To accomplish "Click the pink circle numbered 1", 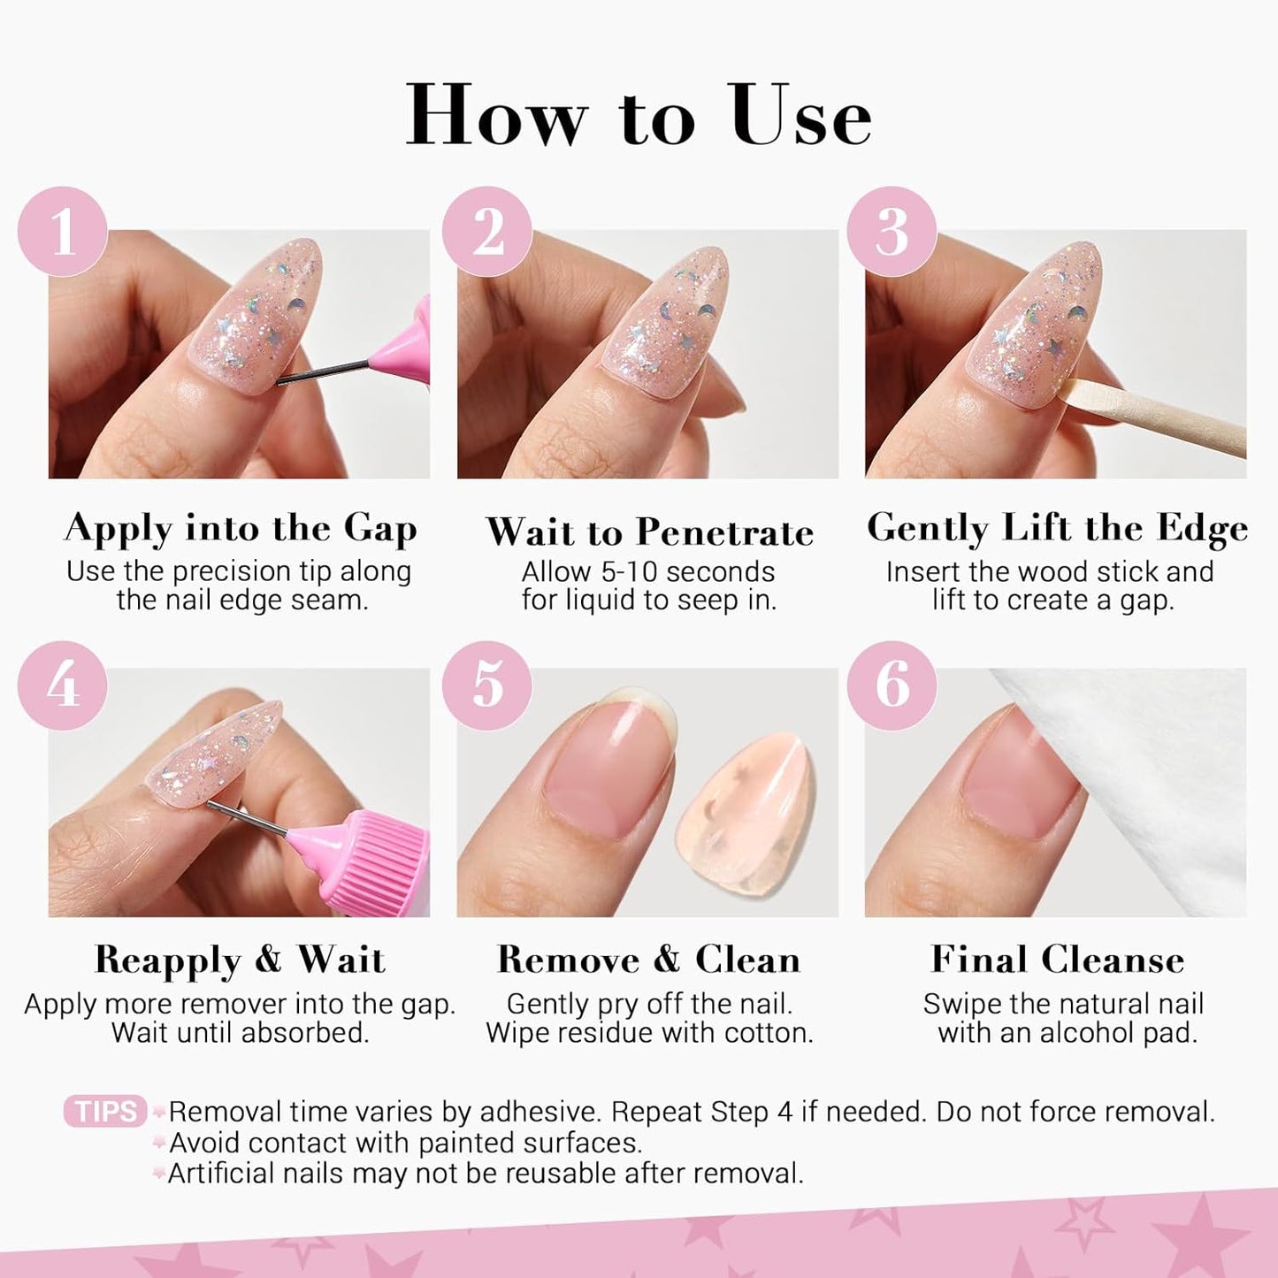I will click(x=63, y=232).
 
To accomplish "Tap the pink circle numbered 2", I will click(x=487, y=232).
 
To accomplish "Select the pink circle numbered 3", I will click(x=892, y=232).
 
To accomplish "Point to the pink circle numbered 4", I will click(x=63, y=685).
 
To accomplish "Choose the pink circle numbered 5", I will click(x=487, y=685).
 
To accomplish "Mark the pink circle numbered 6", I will click(x=892, y=685).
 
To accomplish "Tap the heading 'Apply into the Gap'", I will click(x=241, y=529).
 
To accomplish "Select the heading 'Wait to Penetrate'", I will click(x=649, y=532).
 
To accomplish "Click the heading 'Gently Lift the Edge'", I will click(x=1057, y=529).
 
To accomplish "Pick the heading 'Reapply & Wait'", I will click(x=240, y=960).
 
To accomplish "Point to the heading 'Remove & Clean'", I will click(x=649, y=960).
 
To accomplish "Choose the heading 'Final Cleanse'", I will click(x=1057, y=960).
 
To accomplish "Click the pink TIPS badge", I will click(x=105, y=1112).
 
